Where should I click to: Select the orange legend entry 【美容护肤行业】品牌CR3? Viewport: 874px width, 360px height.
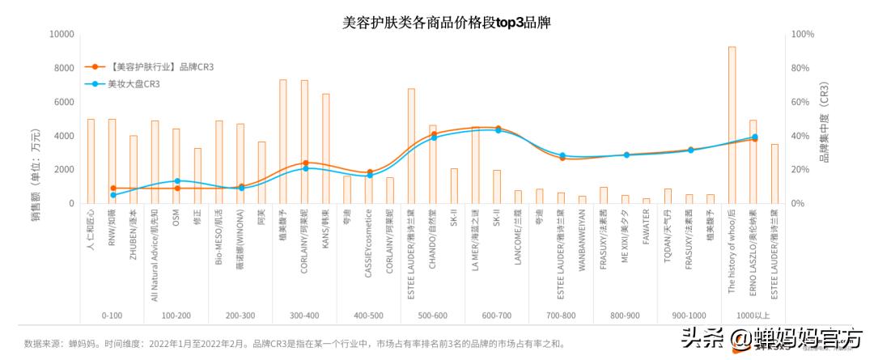155,66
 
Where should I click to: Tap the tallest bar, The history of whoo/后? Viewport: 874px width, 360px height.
732,125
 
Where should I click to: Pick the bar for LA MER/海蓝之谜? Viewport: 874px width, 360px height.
475,166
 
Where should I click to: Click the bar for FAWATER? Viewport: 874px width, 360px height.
646,200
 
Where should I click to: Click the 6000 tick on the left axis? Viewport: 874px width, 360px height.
64,102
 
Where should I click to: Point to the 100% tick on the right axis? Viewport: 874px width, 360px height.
802,34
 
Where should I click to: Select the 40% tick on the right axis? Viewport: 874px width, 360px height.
800,136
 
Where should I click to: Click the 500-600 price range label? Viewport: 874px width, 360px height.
433,316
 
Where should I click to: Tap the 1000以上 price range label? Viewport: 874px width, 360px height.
753,316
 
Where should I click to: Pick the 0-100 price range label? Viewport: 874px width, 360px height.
112,316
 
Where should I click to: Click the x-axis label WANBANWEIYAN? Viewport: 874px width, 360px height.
582,235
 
